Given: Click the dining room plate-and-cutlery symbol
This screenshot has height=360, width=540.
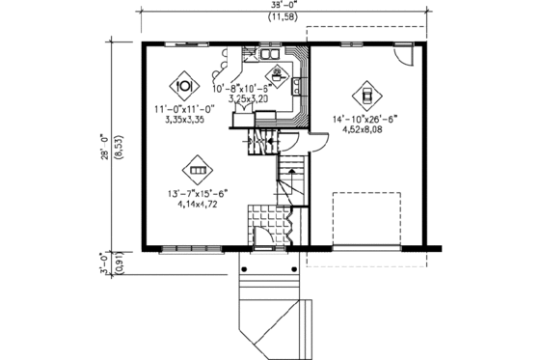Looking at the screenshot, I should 184,80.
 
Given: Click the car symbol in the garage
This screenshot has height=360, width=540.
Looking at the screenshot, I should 367,94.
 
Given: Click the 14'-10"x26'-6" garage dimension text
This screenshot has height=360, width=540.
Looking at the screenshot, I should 367,119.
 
